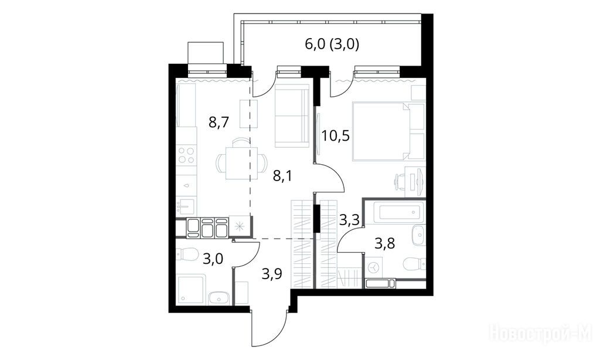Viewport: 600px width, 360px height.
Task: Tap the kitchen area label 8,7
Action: coord(219,123)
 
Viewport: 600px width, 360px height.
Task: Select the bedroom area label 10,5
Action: coord(336,135)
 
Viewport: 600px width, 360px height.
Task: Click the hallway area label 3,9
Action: coord(272,274)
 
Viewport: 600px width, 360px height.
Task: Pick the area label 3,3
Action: coord(349,220)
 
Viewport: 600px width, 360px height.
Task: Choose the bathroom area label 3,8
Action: coord(384,243)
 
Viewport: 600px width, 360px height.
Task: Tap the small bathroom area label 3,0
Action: coord(213,259)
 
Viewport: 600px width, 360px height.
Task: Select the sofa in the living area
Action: coord(292,117)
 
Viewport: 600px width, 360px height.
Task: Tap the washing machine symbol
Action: coord(373,267)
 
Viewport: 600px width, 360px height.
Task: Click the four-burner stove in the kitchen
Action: coord(186,155)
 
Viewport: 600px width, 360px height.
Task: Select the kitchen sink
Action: coord(186,207)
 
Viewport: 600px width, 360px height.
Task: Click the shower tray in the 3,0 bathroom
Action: coord(192,290)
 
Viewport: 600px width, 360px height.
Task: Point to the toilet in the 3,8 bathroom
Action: coord(414,264)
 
